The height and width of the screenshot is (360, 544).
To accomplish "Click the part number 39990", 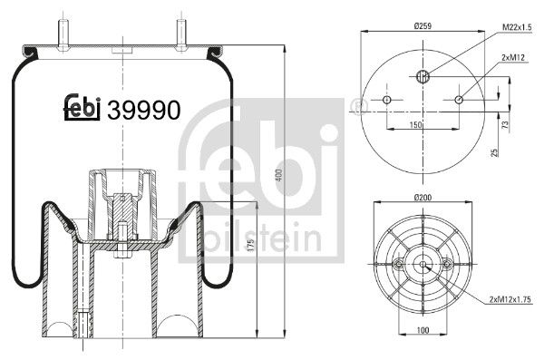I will (143, 110).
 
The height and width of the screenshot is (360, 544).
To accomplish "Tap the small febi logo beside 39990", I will (83, 107).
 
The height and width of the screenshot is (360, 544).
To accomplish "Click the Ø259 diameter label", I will (421, 25).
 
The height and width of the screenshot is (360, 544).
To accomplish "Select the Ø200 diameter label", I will (422, 197).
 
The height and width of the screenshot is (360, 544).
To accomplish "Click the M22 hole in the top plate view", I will (422, 76).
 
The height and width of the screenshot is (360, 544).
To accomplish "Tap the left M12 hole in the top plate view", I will (386, 99).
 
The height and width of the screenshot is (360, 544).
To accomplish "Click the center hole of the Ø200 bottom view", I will (423, 264).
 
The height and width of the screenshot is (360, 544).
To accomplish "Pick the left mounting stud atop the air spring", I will (64, 32).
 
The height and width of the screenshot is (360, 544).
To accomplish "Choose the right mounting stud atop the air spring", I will (180, 32).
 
